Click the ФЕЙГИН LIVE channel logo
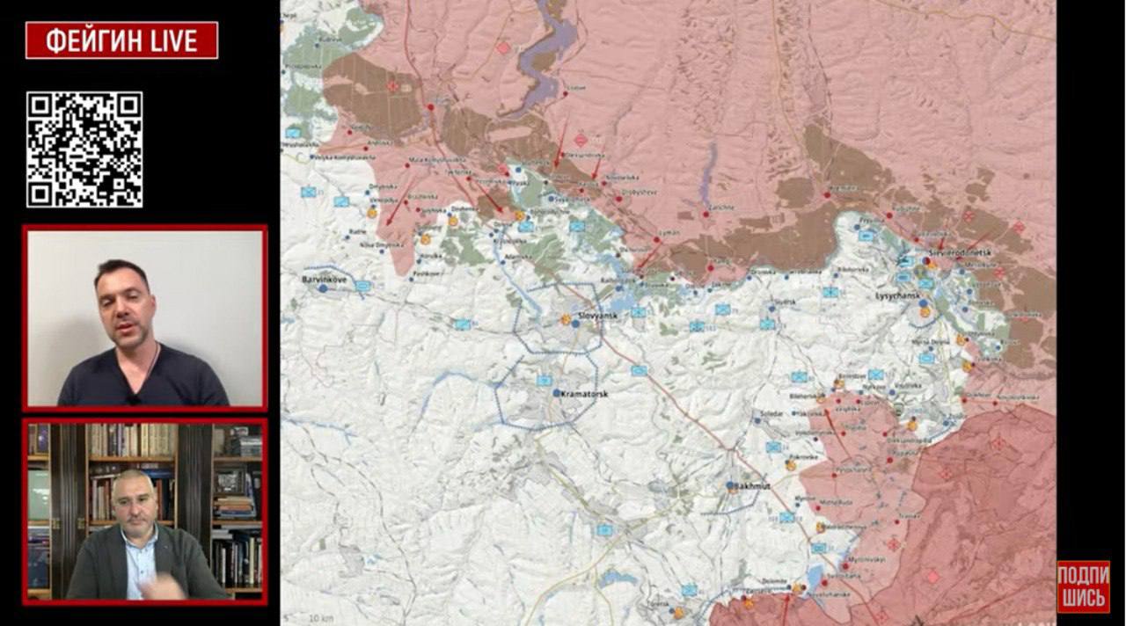click(x=121, y=40)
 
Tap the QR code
click(x=84, y=149)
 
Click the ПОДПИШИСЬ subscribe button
click(x=1083, y=586)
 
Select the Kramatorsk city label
click(x=584, y=394)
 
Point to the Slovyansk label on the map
click(x=598, y=315)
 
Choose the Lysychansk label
click(x=896, y=296)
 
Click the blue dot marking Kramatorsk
click(x=557, y=393)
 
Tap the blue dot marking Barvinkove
click(x=323, y=288)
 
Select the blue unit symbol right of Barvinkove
click(x=362, y=286)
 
